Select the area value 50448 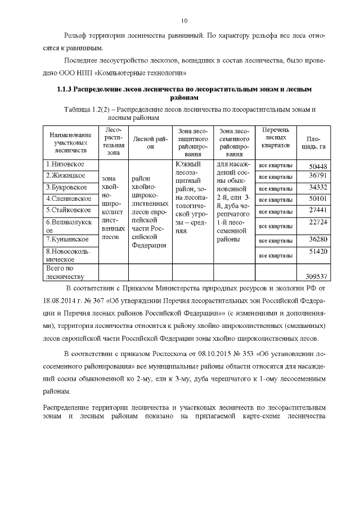tap(318, 166)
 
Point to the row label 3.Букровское tap(66, 187)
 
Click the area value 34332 tap(318, 187)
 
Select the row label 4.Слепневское tap(68, 199)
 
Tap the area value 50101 tap(318, 199)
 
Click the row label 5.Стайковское tap(69, 210)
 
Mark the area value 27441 tap(318, 210)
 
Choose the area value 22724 tap(318, 222)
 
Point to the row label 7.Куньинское tap(67, 239)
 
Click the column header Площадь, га tap(315, 143)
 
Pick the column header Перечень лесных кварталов tap(275, 137)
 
